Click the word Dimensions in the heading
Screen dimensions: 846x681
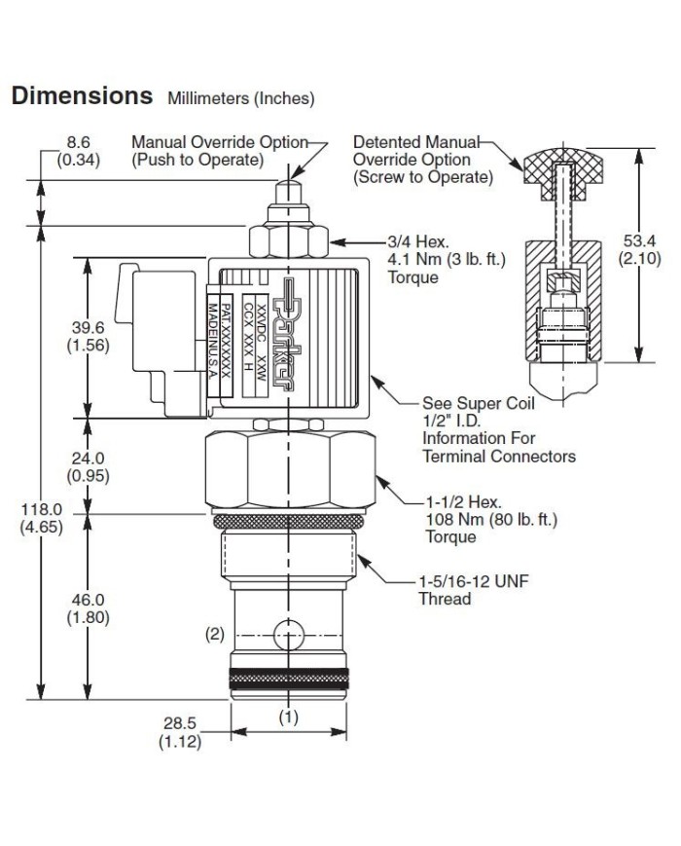[81, 96]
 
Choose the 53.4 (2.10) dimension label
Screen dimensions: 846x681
[640, 249]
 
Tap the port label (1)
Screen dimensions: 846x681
[288, 717]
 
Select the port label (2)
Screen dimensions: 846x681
[214, 634]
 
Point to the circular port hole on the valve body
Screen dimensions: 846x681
[288, 635]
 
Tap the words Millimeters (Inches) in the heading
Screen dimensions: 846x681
[241, 98]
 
